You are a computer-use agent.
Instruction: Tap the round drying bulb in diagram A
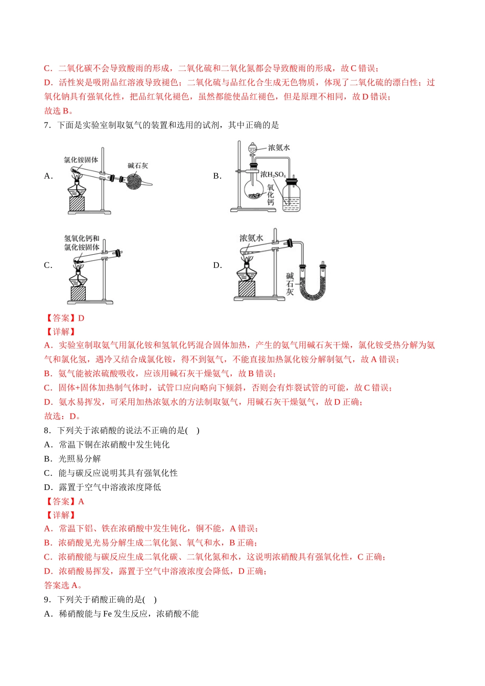point(136,181)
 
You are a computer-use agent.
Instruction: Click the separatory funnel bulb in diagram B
point(252,148)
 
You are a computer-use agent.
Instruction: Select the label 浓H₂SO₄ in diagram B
point(273,175)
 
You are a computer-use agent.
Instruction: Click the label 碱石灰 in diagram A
point(138,165)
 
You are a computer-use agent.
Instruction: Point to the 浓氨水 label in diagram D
point(251,238)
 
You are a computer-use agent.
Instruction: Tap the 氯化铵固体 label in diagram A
point(81,160)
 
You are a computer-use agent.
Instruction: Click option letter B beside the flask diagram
point(217,176)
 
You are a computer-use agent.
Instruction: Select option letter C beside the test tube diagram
point(48,265)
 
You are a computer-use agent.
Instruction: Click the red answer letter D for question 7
point(81,318)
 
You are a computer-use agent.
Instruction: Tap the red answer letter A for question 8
point(81,501)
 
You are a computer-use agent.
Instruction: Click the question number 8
point(47,430)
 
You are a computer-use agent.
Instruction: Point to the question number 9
point(47,600)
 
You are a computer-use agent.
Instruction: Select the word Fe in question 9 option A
point(107,614)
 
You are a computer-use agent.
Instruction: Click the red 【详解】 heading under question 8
point(60,515)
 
